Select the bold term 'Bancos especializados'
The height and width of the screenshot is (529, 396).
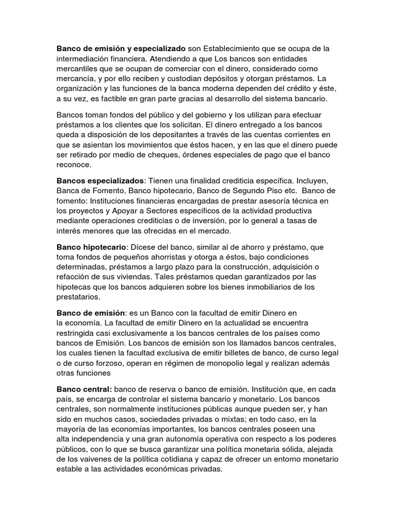[101, 181]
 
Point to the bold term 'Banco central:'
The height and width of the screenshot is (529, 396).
[84, 389]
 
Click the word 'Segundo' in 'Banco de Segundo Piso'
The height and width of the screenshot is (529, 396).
[250, 191]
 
